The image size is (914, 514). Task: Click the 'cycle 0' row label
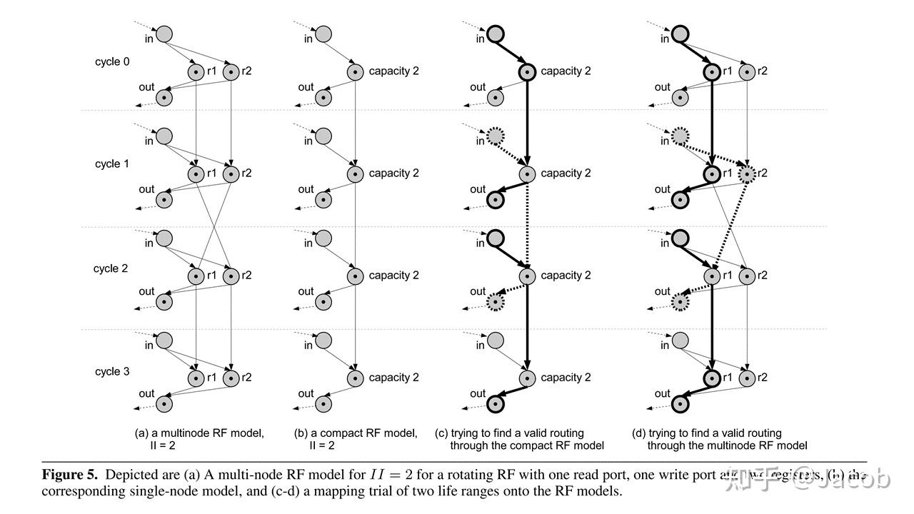click(112, 62)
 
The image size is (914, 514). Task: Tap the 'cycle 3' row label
click(112, 372)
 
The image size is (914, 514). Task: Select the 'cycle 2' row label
click(111, 268)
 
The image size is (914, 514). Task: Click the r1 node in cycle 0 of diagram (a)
click(196, 71)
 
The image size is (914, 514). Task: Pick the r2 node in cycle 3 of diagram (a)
click(231, 378)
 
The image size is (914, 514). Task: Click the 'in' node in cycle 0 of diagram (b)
click(323, 34)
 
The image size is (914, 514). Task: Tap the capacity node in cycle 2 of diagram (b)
click(355, 276)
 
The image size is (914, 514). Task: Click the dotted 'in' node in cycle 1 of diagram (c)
click(496, 136)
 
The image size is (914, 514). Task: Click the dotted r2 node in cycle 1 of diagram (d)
click(747, 173)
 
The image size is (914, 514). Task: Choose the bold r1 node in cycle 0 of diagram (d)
click(712, 71)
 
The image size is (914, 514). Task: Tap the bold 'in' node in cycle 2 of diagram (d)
click(680, 238)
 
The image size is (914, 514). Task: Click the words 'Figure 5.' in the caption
click(70, 475)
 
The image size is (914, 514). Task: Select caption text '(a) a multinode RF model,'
click(199, 433)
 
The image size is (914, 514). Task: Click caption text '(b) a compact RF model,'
click(356, 433)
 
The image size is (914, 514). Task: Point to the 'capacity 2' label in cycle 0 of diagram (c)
click(566, 71)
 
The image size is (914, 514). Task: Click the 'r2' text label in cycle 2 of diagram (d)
click(763, 276)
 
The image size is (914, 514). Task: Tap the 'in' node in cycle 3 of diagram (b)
click(323, 341)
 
